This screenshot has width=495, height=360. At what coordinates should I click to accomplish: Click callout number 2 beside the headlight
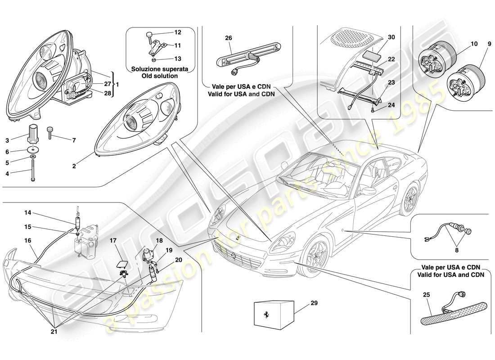pos(73,166)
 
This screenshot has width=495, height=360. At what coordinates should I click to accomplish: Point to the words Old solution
pos(154,76)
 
